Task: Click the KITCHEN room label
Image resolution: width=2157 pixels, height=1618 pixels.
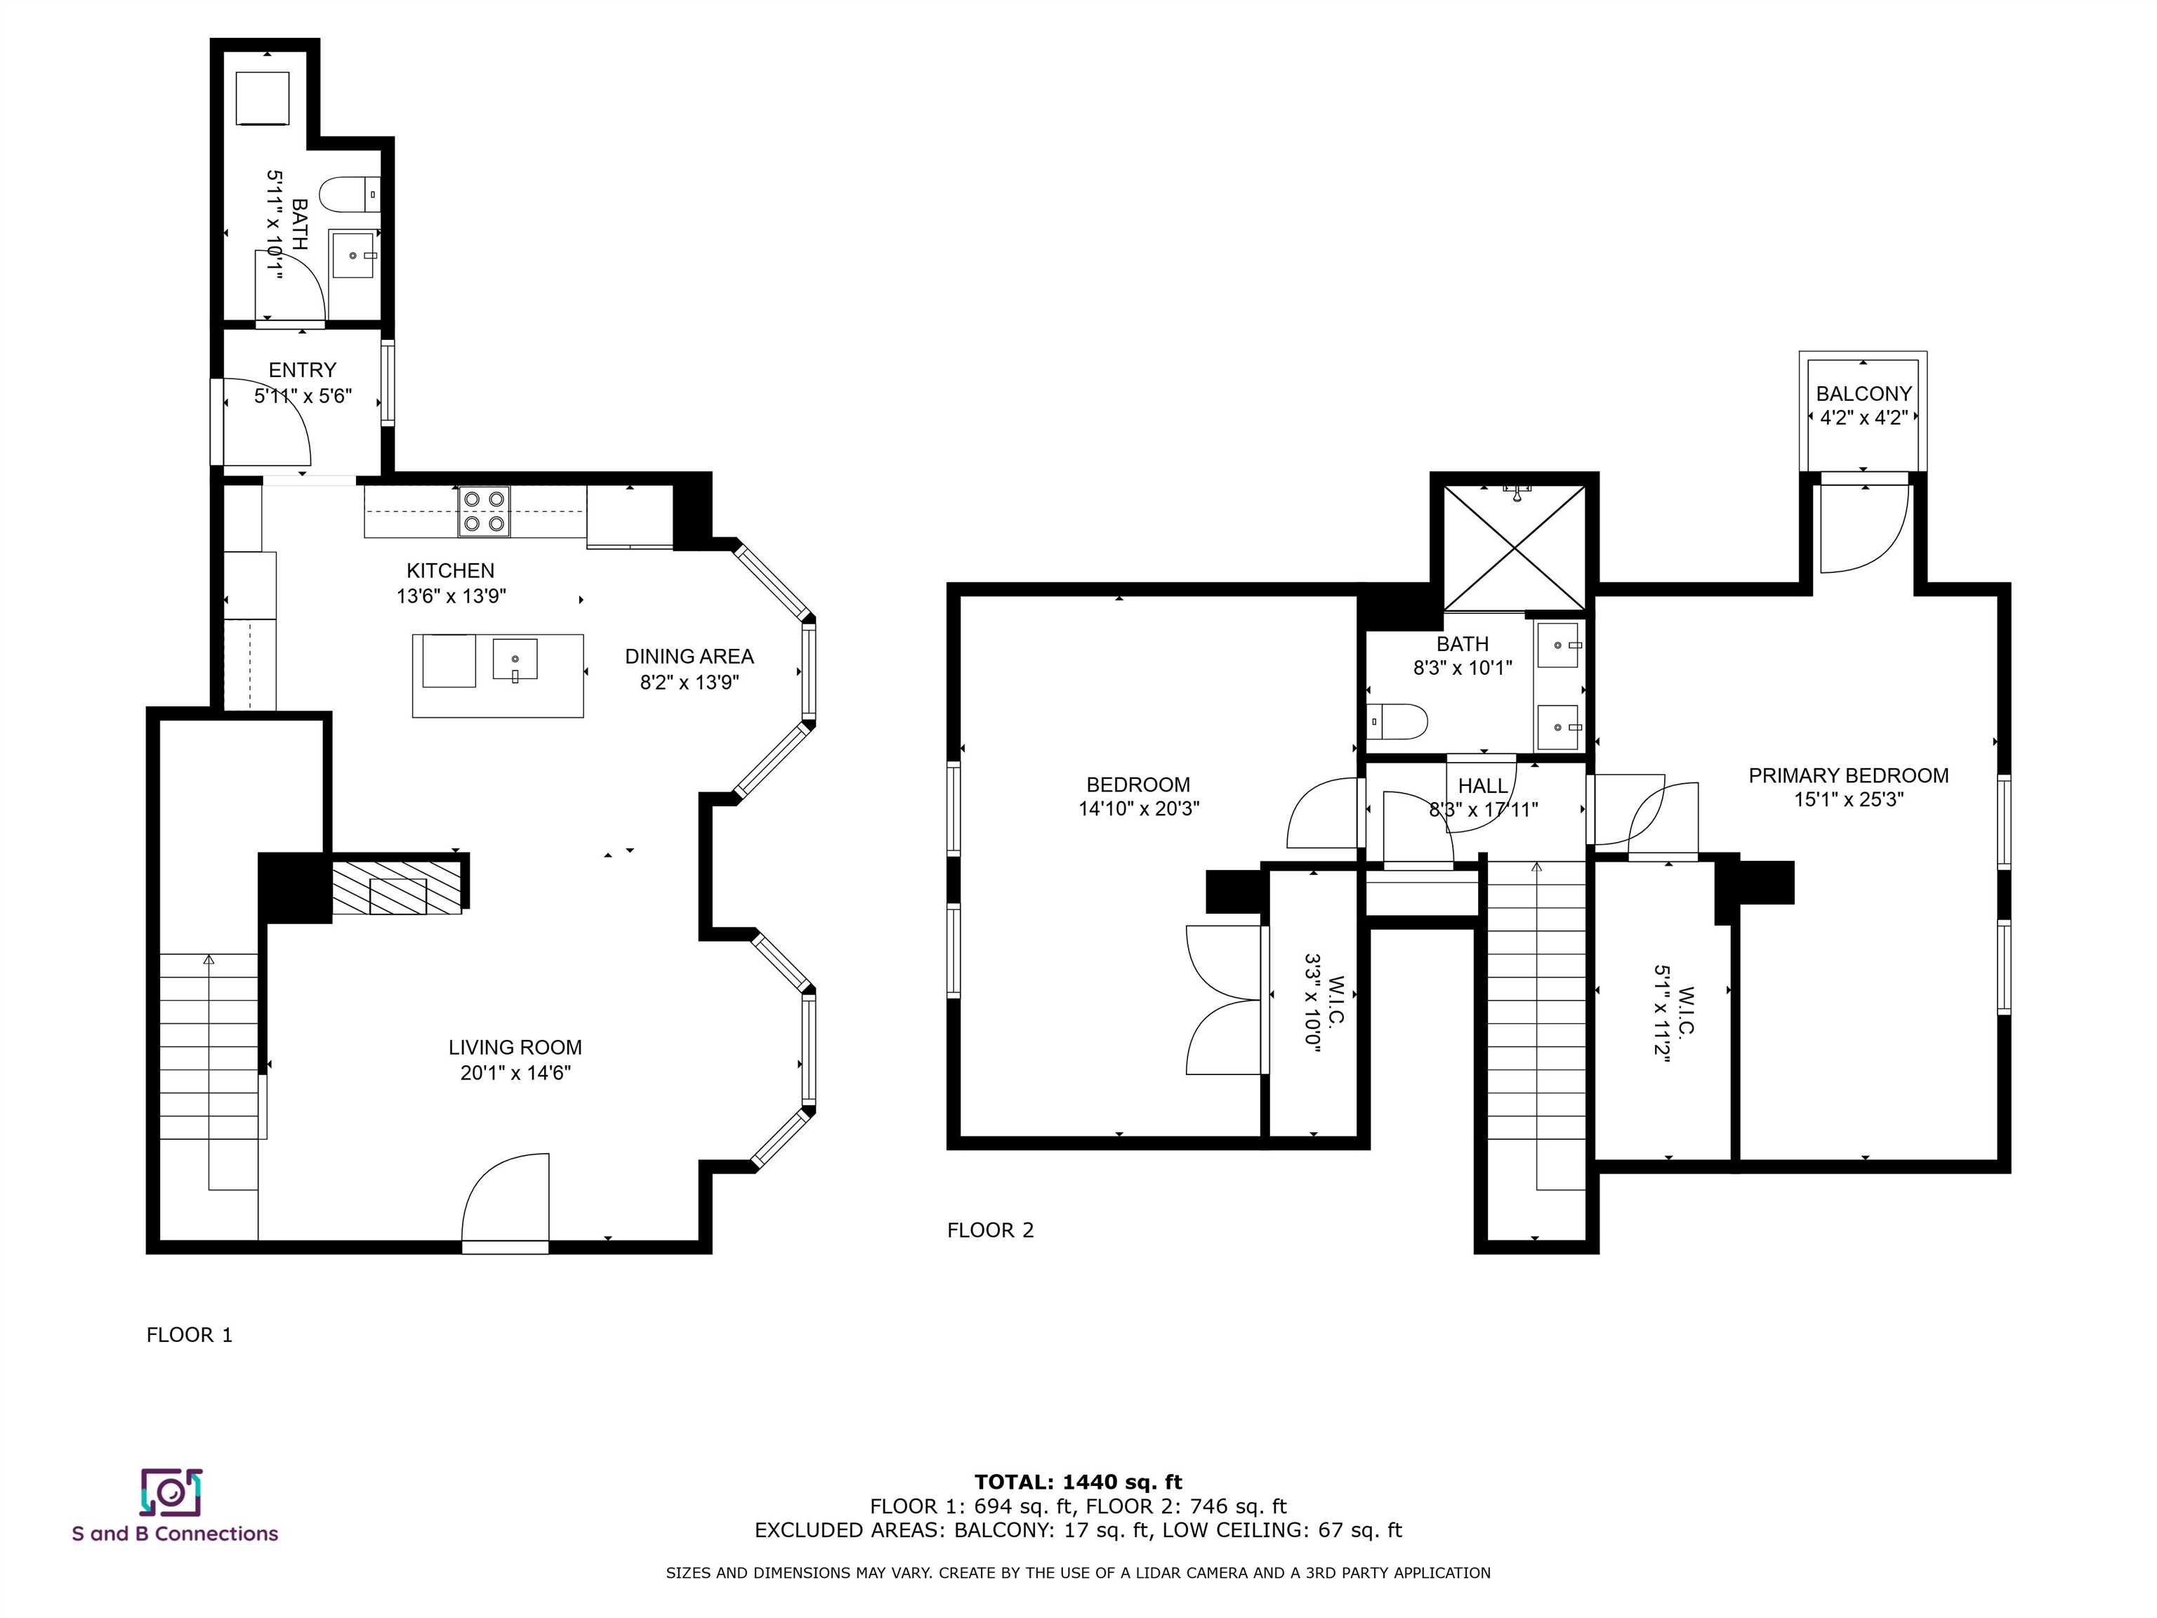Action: point(451,570)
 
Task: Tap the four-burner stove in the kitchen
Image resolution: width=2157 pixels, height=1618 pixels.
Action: point(484,512)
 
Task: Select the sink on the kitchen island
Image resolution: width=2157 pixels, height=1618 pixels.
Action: point(515,660)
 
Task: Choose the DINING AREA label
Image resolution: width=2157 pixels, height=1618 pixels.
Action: point(690,657)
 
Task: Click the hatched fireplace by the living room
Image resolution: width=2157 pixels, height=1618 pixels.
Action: point(397,886)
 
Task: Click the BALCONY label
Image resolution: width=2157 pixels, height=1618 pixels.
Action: point(1864,394)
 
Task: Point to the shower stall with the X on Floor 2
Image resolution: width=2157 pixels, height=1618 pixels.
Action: point(1515,546)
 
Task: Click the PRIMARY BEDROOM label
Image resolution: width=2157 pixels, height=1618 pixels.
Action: point(1848,775)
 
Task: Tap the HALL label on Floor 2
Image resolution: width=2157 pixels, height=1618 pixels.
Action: point(1483,786)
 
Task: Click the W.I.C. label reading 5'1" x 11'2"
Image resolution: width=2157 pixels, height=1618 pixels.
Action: point(1673,1014)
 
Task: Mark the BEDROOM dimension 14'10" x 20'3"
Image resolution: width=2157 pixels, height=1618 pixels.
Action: point(1139,808)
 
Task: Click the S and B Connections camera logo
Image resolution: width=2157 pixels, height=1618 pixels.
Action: point(171,1492)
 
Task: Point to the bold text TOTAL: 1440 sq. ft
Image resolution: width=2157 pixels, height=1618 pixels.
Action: point(1078,1483)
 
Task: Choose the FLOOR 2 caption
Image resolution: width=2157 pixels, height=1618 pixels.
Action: point(990,1230)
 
